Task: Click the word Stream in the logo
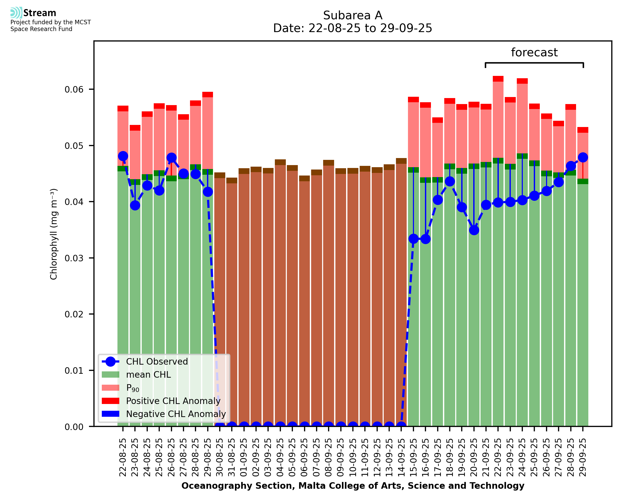(x=40, y=13)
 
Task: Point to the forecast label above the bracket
(x=534, y=52)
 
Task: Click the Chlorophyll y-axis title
(x=54, y=234)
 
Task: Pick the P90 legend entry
(x=133, y=388)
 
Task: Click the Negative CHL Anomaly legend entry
(x=176, y=414)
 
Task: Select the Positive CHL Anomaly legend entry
(x=173, y=401)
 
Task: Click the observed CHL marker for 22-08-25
(x=123, y=156)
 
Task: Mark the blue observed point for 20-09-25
(x=474, y=230)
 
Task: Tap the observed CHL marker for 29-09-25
(x=583, y=158)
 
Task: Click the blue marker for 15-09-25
(x=413, y=239)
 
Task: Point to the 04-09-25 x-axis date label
(x=280, y=457)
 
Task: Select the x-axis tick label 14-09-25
(x=401, y=457)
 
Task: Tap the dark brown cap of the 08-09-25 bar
(x=329, y=163)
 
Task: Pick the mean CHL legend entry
(x=149, y=375)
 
